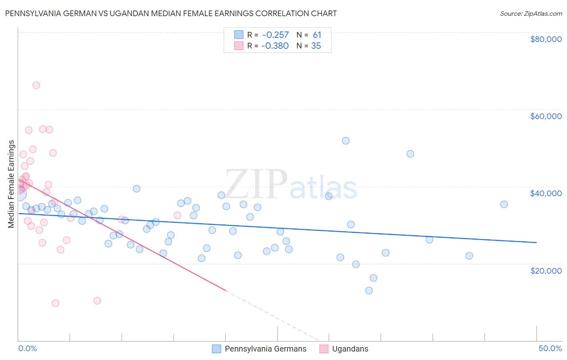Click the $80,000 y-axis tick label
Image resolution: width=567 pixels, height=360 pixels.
pyautogui.click(x=546, y=39)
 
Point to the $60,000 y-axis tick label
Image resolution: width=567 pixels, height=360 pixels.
pyautogui.click(x=546, y=116)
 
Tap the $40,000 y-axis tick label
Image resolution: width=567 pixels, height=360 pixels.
pyautogui.click(x=546, y=193)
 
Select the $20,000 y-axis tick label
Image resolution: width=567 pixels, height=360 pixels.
pyautogui.click(x=546, y=270)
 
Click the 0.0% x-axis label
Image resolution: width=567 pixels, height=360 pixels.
pyautogui.click(x=27, y=348)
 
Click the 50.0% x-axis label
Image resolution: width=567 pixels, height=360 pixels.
pyautogui.click(x=550, y=348)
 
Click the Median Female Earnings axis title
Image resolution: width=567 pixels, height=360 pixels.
pyautogui.click(x=11, y=184)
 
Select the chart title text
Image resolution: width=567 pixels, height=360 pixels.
pyautogui.click(x=171, y=13)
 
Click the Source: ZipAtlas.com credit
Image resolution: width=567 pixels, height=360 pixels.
pyautogui.click(x=531, y=14)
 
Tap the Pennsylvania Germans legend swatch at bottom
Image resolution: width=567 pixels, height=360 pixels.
pyautogui.click(x=217, y=349)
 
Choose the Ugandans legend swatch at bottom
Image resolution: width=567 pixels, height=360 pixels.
pyautogui.click(x=324, y=349)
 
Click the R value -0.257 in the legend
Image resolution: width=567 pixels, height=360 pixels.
pyautogui.click(x=275, y=35)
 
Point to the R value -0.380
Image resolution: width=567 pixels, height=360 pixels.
pyautogui.click(x=275, y=46)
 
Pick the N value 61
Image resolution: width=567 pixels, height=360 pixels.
pyautogui.click(x=317, y=35)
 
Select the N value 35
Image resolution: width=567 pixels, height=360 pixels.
pyautogui.click(x=316, y=46)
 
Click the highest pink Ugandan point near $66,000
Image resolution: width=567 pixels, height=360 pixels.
pyautogui.click(x=36, y=85)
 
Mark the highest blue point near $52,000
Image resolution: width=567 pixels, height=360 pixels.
pyautogui.click(x=346, y=141)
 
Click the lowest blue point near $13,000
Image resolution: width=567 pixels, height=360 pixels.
pyautogui.click(x=369, y=291)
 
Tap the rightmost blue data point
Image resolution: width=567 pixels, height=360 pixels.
pyautogui.click(x=504, y=204)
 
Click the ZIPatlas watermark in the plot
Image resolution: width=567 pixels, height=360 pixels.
pyautogui.click(x=291, y=185)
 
